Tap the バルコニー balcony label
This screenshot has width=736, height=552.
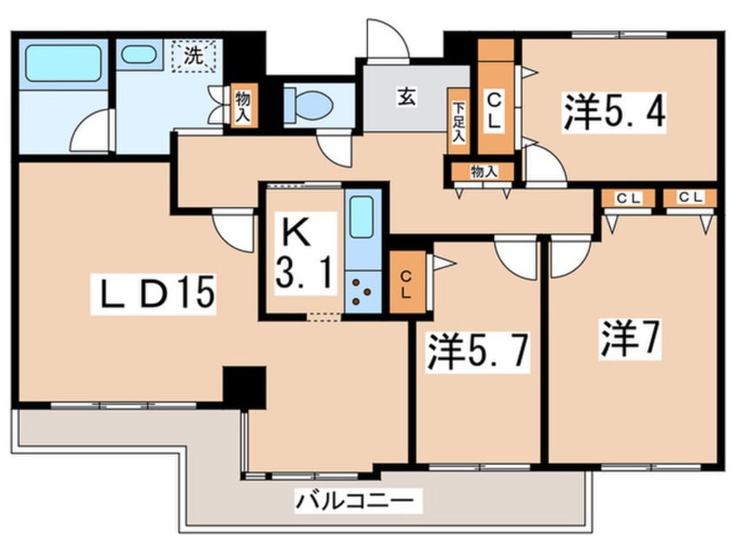pos(358,502)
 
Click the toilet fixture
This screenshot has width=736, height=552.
pos(309,104)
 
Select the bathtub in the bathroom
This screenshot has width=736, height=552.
pos(59,63)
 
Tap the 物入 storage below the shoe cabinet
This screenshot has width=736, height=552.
pos(483,172)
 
